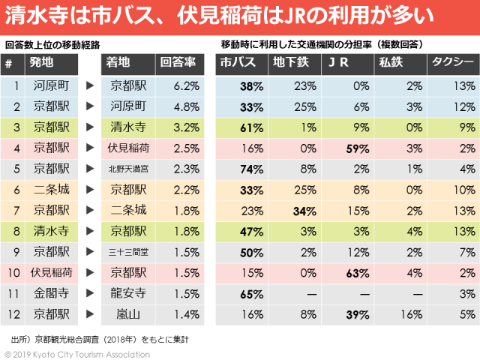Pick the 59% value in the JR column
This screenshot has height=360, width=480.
(350, 148)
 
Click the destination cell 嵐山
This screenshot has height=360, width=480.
(130, 311)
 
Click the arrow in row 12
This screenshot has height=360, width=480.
(89, 311)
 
